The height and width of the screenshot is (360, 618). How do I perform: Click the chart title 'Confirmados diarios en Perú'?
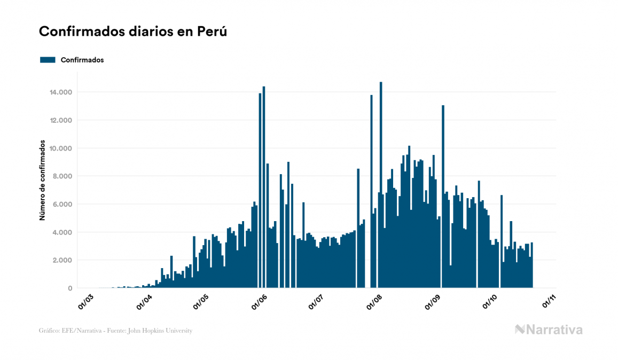pyautogui.click(x=133, y=32)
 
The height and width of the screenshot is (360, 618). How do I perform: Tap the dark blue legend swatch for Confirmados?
pyautogui.click(x=48, y=60)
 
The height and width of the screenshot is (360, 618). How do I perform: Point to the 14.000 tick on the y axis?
pyautogui.click(x=61, y=92)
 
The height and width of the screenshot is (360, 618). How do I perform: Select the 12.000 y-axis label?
pyautogui.click(x=61, y=120)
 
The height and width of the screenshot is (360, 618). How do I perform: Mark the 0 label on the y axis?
pyautogui.click(x=70, y=288)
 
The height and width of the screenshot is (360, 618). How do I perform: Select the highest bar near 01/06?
pyautogui.click(x=264, y=187)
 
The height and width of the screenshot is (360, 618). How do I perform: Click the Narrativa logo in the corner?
pyautogui.click(x=549, y=330)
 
